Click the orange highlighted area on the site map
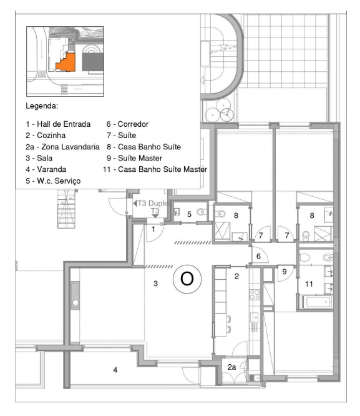(68, 63)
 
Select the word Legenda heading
(42, 106)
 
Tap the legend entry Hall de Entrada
(58, 124)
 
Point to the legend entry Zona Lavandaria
(62, 147)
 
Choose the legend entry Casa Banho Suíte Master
(155, 169)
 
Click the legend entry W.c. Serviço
(53, 181)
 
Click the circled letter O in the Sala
(187, 279)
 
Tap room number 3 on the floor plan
(155, 284)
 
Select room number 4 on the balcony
(115, 370)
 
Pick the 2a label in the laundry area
(231, 367)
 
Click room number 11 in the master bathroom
(309, 284)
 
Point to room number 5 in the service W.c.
(189, 214)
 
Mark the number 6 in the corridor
(258, 256)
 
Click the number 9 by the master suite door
(285, 272)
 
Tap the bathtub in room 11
(316, 302)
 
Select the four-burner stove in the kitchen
(255, 295)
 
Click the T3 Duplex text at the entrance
(152, 204)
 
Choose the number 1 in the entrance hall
(153, 229)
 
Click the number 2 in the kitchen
(236, 277)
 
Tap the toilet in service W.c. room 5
(202, 212)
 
